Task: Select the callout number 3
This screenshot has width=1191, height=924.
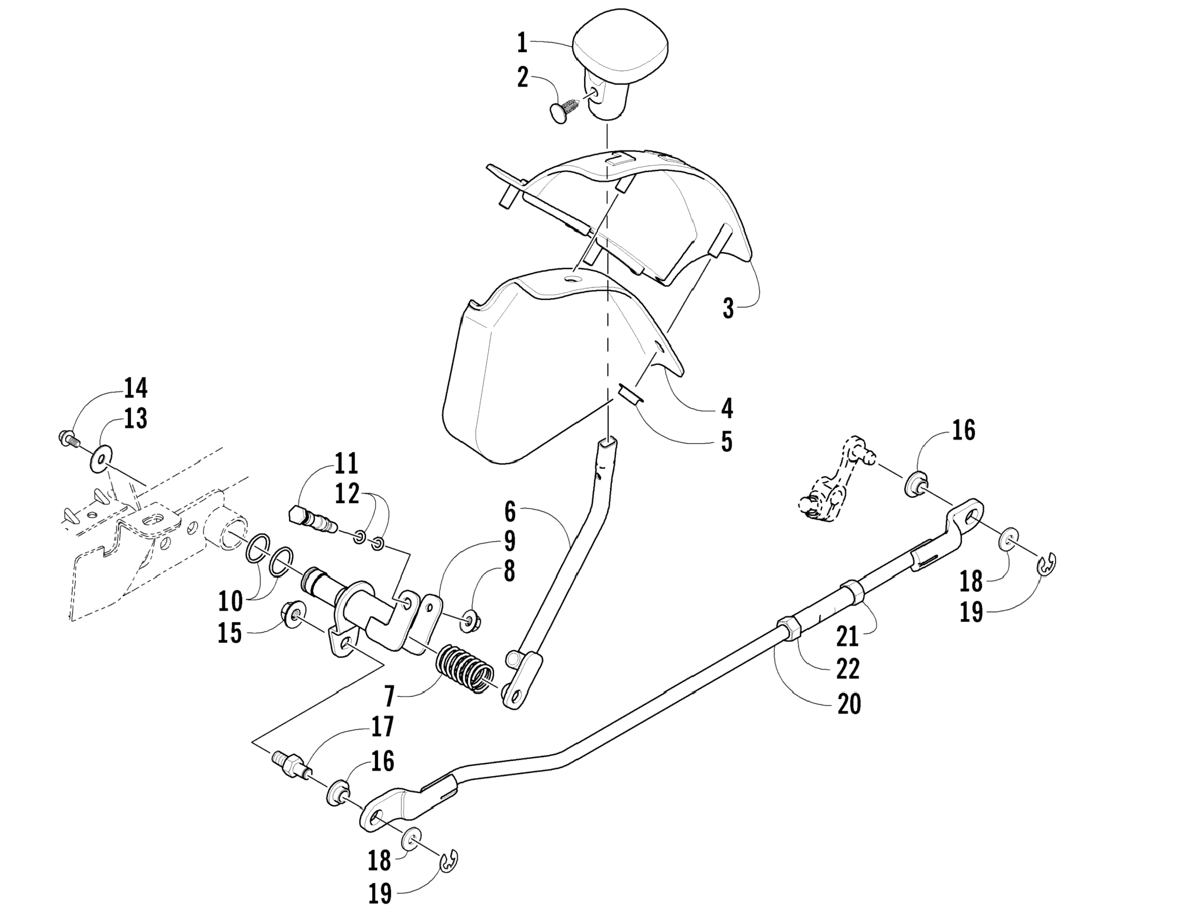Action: (x=728, y=308)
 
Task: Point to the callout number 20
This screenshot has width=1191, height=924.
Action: (x=848, y=704)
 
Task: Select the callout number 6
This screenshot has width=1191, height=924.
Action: (x=510, y=512)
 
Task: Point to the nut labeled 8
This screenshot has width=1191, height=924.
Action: (x=468, y=621)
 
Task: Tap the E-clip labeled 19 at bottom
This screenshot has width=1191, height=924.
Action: (x=449, y=860)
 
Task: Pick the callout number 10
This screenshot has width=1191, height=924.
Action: (x=230, y=601)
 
